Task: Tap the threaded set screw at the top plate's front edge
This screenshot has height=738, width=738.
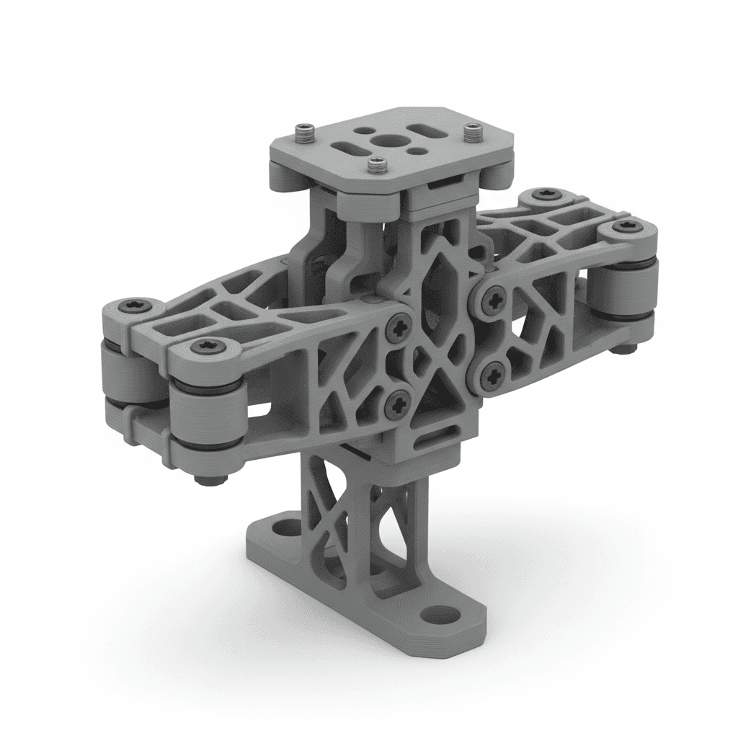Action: coord(376,166)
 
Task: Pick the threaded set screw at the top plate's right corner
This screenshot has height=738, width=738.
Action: coord(473,131)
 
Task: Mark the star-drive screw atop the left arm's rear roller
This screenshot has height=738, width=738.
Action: coord(135,306)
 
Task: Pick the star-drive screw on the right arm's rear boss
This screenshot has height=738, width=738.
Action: coord(542,195)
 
